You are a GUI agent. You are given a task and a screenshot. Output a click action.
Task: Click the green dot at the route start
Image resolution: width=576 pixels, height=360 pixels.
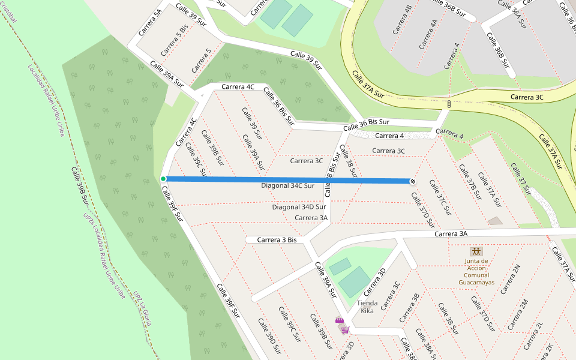click(x=163, y=179)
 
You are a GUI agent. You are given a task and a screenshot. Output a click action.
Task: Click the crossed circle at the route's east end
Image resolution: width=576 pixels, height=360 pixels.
click(x=413, y=181)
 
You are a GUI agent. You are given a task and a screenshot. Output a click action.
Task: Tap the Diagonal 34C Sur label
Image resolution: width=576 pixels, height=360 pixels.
click(x=287, y=186)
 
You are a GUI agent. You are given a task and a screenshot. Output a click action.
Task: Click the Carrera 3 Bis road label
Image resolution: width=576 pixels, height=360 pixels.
click(x=277, y=240)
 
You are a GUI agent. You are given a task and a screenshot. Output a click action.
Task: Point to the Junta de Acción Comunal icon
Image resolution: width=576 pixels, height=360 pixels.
click(x=476, y=251)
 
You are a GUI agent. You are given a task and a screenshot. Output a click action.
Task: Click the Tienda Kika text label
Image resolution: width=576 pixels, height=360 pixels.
click(x=367, y=307)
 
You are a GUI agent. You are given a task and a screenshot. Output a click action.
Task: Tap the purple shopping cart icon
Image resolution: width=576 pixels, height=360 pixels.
click(x=344, y=329)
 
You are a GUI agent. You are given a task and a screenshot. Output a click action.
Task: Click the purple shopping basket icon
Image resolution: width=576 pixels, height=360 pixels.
click(x=339, y=320)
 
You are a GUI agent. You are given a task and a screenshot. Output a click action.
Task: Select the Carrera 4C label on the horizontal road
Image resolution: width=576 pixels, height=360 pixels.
click(x=238, y=87)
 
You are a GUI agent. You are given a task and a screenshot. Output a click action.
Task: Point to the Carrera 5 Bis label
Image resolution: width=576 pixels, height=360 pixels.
click(x=175, y=40)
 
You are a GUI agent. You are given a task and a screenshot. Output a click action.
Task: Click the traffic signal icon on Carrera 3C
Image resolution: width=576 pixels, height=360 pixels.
click(x=449, y=104)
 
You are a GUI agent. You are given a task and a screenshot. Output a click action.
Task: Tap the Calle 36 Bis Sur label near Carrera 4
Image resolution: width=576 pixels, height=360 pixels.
click(x=366, y=125)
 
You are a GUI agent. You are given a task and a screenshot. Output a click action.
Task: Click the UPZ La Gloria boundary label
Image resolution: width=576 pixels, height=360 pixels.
click(x=142, y=308)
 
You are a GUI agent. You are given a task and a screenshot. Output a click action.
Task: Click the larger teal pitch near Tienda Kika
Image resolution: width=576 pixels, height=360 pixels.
click(x=355, y=281)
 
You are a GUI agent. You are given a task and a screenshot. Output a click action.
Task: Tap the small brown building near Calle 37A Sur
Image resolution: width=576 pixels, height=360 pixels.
click(x=495, y=221)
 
